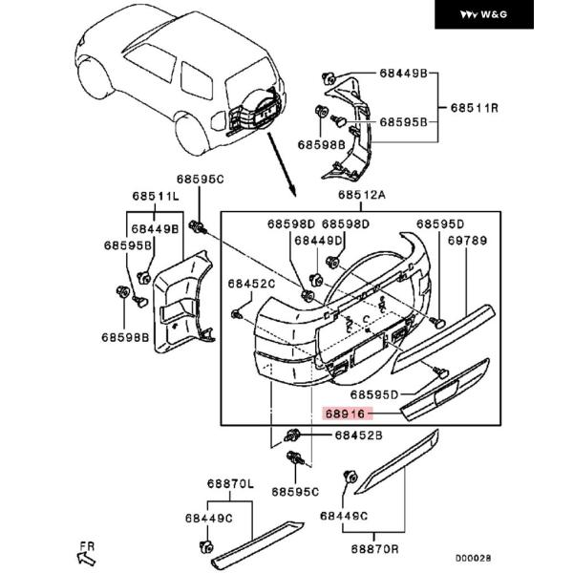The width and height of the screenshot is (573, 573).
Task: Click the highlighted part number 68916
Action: coord(345,414)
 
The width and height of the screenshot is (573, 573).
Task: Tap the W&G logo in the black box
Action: coord(483,14)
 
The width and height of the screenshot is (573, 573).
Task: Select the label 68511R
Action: coord(475,108)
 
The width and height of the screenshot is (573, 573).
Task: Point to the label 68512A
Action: coord(361,195)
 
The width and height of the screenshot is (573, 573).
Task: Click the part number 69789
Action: coord(467,241)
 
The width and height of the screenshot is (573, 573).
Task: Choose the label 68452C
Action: coord(251,284)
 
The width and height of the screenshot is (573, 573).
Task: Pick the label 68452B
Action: coord(358,435)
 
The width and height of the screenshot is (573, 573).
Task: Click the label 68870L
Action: coord(230,484)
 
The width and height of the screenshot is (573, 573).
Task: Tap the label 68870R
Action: coord(375,549)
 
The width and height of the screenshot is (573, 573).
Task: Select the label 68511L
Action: coord(156,196)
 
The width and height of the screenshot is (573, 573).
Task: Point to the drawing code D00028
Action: coord(474,558)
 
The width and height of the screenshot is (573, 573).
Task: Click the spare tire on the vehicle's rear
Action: coord(256,109)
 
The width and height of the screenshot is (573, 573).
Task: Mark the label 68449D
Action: coord(318,241)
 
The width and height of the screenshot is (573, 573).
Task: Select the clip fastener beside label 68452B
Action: coord(292,435)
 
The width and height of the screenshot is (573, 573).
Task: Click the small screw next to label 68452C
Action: coord(237,314)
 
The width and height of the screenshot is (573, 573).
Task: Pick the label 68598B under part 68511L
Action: coord(125,337)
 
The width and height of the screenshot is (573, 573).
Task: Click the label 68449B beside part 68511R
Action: coord(403,74)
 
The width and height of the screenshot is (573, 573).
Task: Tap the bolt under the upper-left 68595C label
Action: coord(198,226)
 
